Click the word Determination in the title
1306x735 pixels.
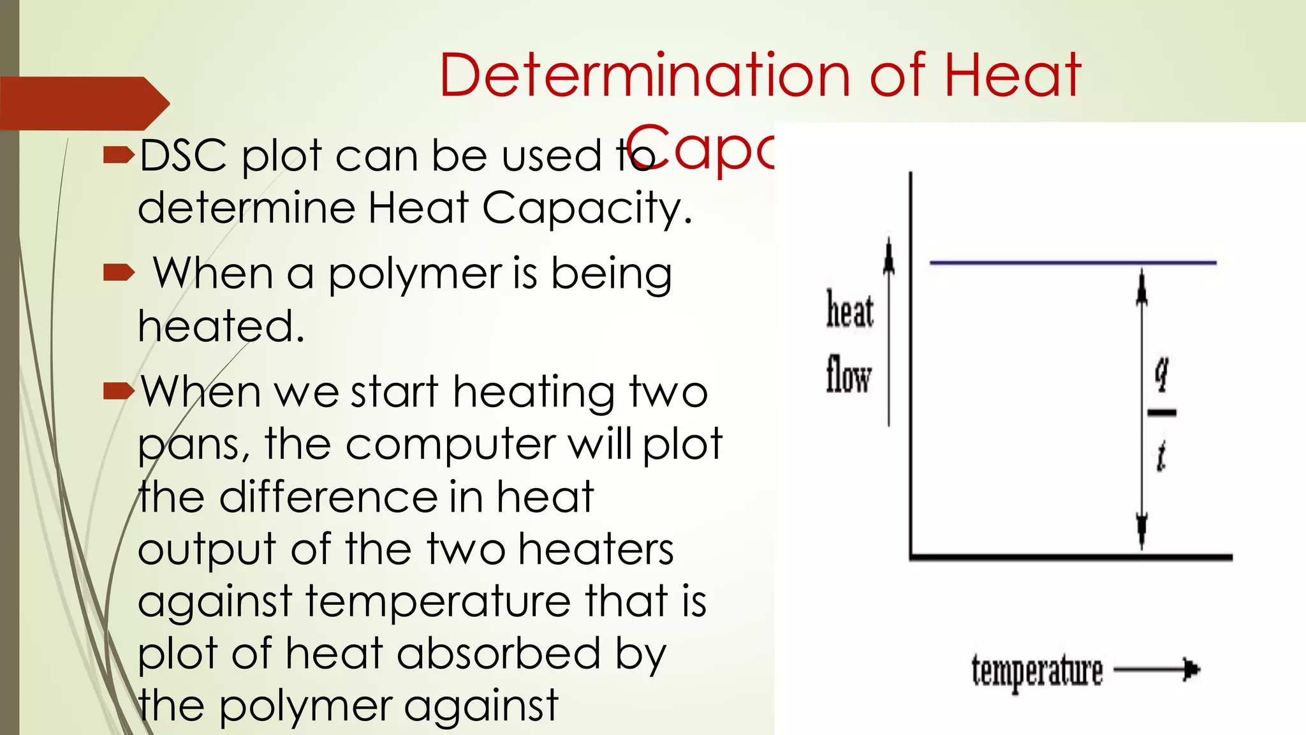coord(645,75)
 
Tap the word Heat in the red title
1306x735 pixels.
coord(1012,75)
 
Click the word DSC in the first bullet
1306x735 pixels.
coord(183,156)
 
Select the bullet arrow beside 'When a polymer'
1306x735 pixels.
coord(119,273)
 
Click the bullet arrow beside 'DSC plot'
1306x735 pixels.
coord(119,154)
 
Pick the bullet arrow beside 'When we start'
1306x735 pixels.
coord(119,390)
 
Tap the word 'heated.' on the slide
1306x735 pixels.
coord(221,327)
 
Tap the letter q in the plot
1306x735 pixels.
coord(1162,373)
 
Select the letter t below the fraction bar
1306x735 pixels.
coord(1161,457)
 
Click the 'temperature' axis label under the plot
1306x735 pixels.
coord(1037,671)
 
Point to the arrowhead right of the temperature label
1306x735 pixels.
coord(1191,669)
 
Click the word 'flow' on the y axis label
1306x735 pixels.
coord(848,375)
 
